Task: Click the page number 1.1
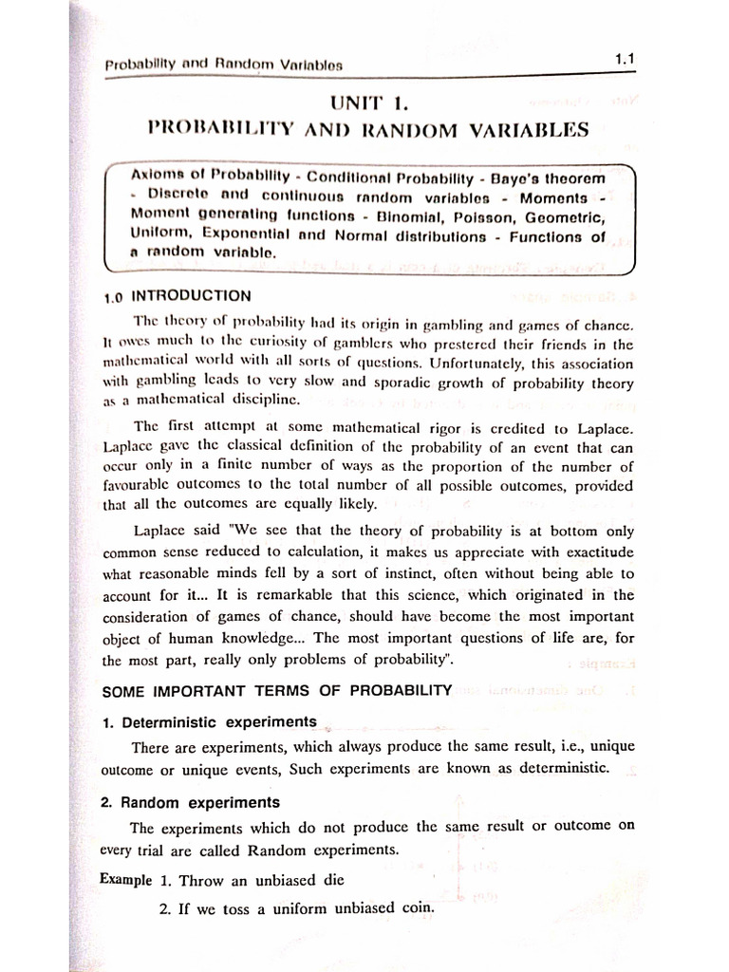(624, 60)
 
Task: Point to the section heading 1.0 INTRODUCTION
(178, 295)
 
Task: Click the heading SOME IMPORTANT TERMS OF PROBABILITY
(275, 690)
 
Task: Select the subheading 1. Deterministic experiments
(209, 721)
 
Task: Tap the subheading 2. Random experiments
(190, 803)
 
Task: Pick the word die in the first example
(333, 879)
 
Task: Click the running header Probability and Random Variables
(223, 65)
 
